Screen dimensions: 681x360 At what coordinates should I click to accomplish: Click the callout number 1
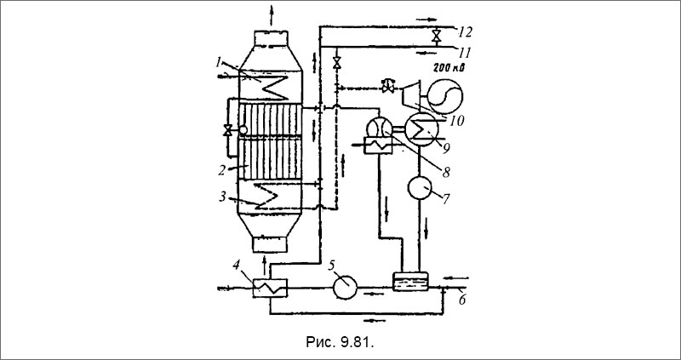tap(219, 62)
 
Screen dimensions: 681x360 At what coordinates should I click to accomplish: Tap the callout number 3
tap(223, 197)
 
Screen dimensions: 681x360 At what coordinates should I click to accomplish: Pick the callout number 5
tap(331, 265)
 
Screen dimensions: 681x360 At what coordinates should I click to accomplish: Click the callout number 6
tap(462, 300)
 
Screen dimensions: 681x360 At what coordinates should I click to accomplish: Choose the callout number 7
tap(445, 200)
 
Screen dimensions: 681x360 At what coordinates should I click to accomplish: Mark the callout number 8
tap(445, 172)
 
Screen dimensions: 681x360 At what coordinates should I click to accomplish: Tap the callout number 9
tap(445, 147)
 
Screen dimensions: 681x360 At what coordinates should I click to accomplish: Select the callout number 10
tap(456, 120)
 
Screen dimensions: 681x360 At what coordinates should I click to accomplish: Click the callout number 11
tap(465, 54)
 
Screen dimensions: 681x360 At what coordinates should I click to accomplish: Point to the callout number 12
tap(466, 31)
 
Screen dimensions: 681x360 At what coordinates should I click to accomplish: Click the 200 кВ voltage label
tap(449, 68)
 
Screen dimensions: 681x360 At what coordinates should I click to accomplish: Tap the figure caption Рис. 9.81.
tap(340, 342)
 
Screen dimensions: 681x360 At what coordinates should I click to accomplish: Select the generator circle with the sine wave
tap(445, 96)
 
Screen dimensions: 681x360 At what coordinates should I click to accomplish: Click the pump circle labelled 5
tap(346, 288)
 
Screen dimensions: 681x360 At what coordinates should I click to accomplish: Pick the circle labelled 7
tap(420, 187)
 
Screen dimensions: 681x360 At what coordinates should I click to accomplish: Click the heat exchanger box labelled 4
tap(270, 288)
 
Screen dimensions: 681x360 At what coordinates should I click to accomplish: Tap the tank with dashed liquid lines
tap(410, 282)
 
